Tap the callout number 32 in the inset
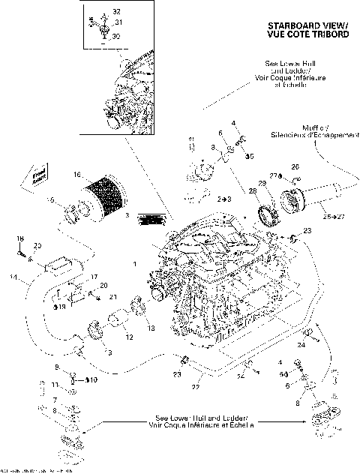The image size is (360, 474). click(x=115, y=13)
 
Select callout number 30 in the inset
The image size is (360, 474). click(x=115, y=36)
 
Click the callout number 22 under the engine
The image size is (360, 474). click(x=196, y=387)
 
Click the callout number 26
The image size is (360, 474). click(x=295, y=166)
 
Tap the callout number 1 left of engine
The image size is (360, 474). click(x=134, y=264)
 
